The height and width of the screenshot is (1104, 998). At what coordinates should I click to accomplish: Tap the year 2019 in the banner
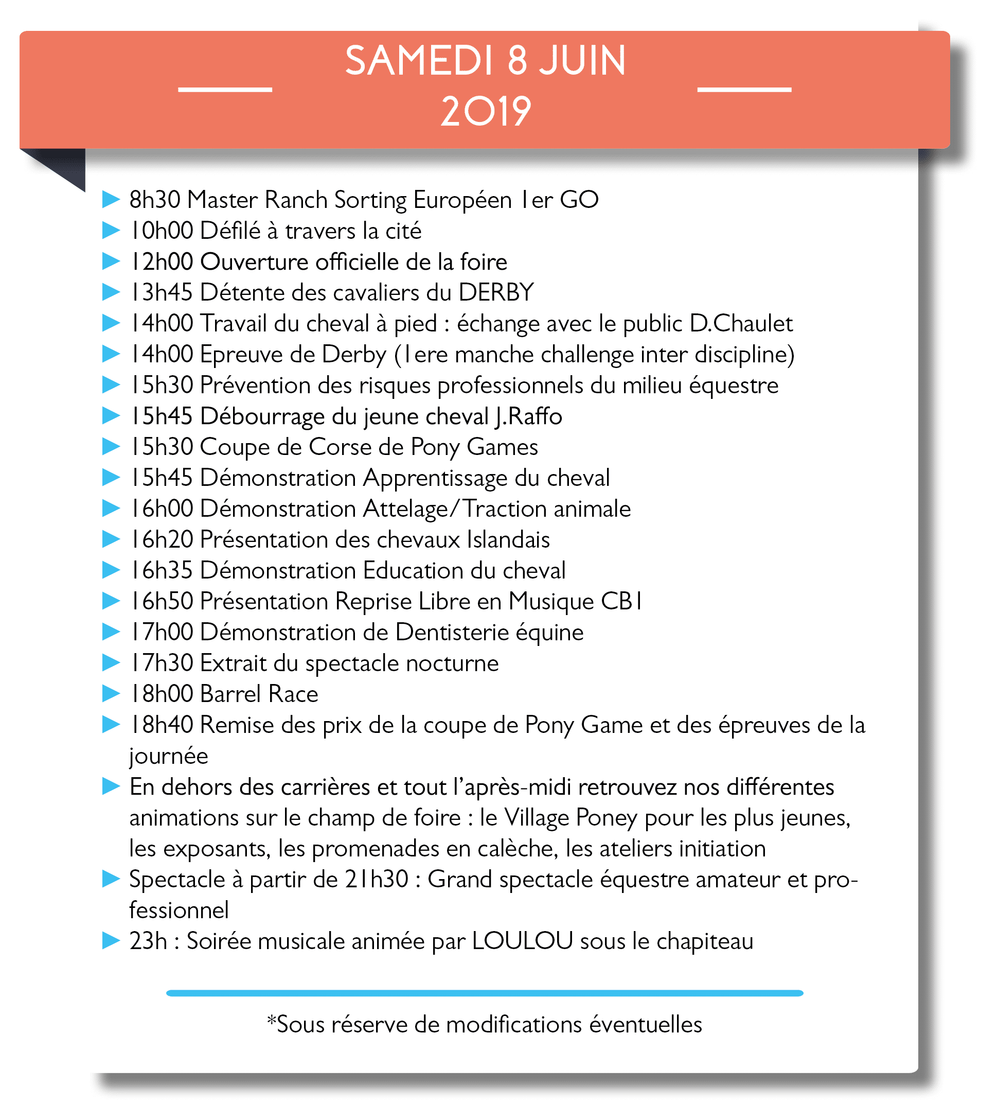point(486,112)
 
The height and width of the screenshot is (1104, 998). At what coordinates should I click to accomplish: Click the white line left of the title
point(225,89)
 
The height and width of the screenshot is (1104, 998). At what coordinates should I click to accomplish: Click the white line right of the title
point(744,89)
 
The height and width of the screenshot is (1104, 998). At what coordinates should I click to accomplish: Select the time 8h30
point(154,200)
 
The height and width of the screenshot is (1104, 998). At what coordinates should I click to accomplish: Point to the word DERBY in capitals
point(495,292)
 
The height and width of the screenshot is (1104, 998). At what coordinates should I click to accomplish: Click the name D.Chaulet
point(741,324)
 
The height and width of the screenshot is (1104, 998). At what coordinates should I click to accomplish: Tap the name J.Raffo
point(528,417)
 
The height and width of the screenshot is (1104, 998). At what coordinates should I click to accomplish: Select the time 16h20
point(162,540)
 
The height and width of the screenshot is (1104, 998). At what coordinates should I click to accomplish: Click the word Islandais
point(508,540)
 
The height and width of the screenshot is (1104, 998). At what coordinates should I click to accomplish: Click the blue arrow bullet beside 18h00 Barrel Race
point(111,694)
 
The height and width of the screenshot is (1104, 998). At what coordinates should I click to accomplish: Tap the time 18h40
point(162,725)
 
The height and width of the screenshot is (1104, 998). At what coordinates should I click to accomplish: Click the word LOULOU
point(522,941)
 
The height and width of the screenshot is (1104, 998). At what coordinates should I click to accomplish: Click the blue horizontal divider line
point(485,993)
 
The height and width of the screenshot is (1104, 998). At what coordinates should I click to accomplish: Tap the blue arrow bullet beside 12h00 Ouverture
point(111,261)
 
